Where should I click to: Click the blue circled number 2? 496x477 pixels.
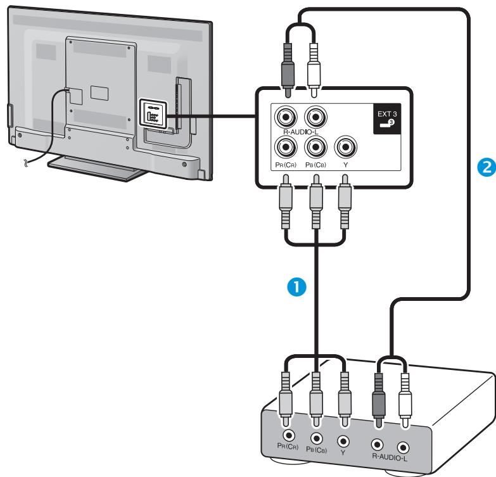coord(482,167)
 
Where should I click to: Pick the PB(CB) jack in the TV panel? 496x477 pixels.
coord(315,147)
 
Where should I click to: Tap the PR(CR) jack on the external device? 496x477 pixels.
coord(289,436)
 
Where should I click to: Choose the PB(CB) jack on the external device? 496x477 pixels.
coord(317,438)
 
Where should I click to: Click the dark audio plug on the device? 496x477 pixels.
coord(379,396)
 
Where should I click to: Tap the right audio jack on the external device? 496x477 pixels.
coord(378,444)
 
